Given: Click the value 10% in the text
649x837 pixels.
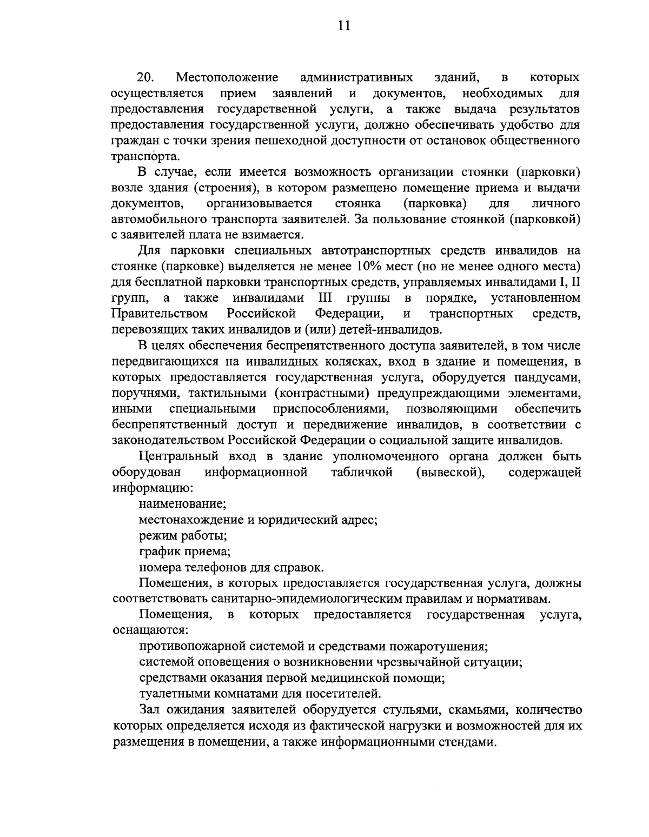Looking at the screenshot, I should click(369, 266).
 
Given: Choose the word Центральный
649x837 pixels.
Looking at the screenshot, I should click(180, 456).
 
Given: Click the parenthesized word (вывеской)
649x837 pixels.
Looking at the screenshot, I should click(450, 472).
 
